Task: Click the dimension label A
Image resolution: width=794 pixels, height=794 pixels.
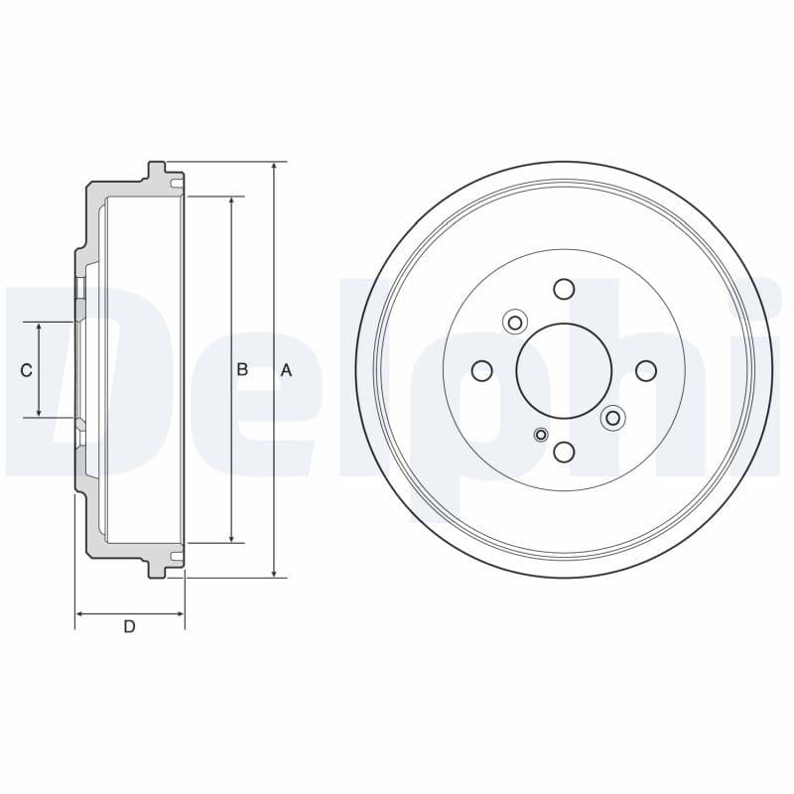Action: click(286, 370)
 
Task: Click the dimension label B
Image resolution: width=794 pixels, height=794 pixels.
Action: click(242, 370)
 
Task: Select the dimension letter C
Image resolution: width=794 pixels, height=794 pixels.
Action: click(27, 370)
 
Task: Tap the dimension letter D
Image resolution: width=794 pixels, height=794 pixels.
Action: click(129, 626)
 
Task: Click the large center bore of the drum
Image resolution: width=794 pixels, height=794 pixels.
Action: click(564, 370)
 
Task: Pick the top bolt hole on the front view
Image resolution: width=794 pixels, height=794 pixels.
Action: click(564, 289)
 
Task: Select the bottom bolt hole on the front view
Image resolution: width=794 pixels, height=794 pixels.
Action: click(564, 453)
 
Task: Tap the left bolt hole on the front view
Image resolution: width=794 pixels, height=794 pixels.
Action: click(482, 370)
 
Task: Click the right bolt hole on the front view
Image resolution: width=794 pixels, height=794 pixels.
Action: click(645, 370)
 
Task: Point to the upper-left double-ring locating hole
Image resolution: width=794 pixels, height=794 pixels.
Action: click(514, 322)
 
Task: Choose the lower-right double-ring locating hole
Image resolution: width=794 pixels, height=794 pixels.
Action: click(612, 418)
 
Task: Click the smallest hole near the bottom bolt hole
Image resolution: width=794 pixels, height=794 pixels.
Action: click(541, 434)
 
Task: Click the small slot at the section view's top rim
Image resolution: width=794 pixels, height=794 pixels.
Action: click(176, 185)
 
